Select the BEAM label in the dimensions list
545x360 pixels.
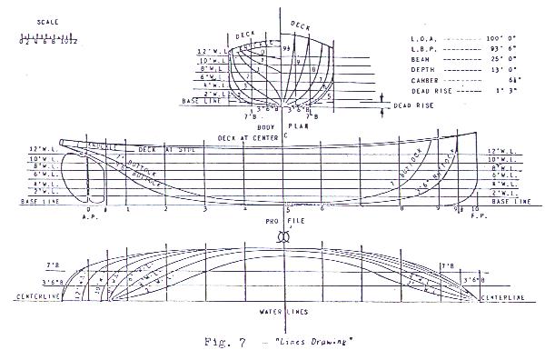(x=419, y=57)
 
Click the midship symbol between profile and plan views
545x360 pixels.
(x=283, y=235)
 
